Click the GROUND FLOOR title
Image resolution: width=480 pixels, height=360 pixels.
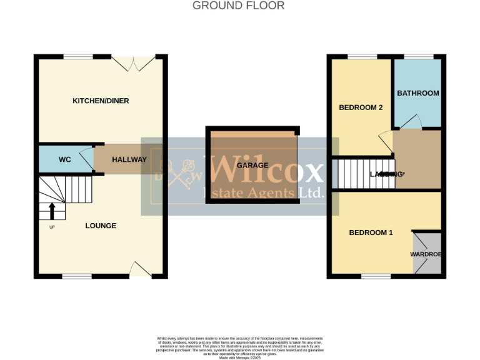pyautogui.click(x=238, y=6)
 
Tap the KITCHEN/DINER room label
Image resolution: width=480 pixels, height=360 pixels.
pyautogui.click(x=101, y=101)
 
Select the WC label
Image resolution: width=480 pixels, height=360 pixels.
pyautogui.click(x=65, y=160)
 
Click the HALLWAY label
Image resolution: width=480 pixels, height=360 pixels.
pyautogui.click(x=129, y=160)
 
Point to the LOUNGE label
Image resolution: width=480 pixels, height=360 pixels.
pyautogui.click(x=101, y=226)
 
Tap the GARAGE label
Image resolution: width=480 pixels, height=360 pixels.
pyautogui.click(x=252, y=166)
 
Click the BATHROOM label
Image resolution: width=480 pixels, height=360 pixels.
pyautogui.click(x=418, y=93)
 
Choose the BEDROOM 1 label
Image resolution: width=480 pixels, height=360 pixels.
pyautogui.click(x=371, y=233)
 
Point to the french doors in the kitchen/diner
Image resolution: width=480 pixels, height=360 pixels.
pyautogui.click(x=133, y=62)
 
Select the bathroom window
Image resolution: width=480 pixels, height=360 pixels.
pyautogui.click(x=418, y=57)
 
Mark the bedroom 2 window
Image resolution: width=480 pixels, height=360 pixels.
pyautogui.click(x=358, y=57)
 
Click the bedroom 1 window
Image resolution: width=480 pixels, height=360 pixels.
pyautogui.click(x=376, y=276)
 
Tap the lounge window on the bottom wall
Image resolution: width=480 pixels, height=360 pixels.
pyautogui.click(x=77, y=276)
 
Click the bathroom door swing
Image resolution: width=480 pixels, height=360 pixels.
pyautogui.click(x=414, y=122)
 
